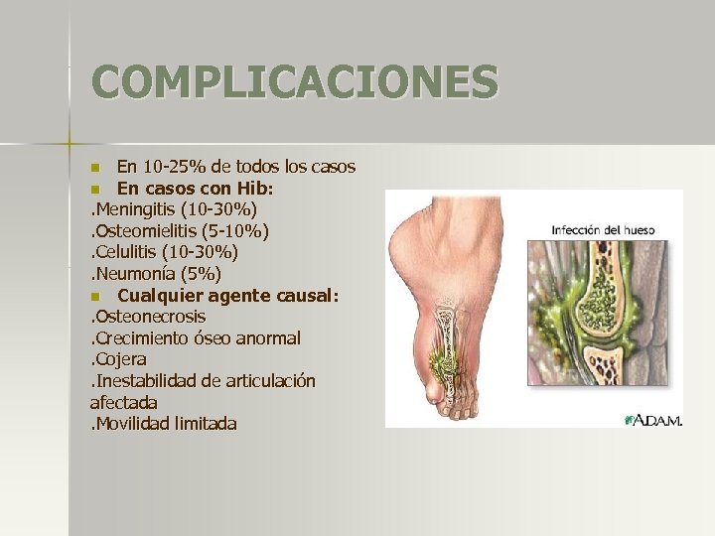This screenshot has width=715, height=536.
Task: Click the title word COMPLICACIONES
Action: pos(295,82)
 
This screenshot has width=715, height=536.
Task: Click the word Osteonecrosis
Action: pos(150,317)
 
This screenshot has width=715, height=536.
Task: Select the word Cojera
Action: pos(120,359)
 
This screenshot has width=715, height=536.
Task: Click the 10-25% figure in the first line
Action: pos(174,165)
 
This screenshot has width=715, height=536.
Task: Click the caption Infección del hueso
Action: pos(603,231)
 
